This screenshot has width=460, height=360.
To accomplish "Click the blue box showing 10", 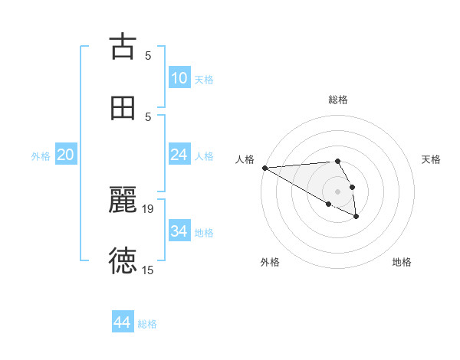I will [x=179, y=78].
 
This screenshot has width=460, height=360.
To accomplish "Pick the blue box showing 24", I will [x=179, y=155].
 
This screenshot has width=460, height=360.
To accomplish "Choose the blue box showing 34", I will [x=179, y=231].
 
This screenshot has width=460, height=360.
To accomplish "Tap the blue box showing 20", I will [x=66, y=155].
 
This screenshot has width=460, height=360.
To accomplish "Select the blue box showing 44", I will [x=123, y=322].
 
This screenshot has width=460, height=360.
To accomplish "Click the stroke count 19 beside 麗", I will [x=149, y=208].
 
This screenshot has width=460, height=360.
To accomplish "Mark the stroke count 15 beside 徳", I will [x=149, y=270].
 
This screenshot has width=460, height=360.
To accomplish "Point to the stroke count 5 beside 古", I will [x=149, y=55].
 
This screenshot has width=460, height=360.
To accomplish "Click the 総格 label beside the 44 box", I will [x=147, y=324].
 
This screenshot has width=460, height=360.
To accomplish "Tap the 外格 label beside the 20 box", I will [x=41, y=155].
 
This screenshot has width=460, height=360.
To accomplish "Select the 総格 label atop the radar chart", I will [x=338, y=100].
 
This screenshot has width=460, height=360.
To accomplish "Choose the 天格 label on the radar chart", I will [x=431, y=159].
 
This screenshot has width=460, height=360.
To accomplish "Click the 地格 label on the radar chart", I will [x=402, y=262].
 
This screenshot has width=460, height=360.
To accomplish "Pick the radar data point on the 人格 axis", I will [x=264, y=168].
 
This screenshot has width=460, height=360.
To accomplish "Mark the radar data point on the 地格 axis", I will [x=356, y=217].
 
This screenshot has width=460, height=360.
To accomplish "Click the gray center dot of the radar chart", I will [x=338, y=191].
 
